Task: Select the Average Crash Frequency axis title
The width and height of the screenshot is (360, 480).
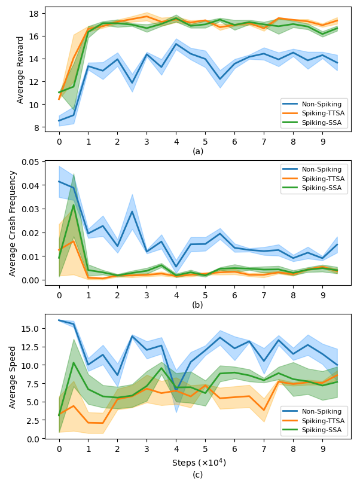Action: [x=13, y=224]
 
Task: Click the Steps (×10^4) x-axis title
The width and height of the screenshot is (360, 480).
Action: [x=198, y=463]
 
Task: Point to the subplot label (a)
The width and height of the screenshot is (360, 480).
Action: [x=198, y=151]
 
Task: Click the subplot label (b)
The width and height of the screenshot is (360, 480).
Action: [x=198, y=305]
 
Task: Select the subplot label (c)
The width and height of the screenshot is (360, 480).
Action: [x=198, y=475]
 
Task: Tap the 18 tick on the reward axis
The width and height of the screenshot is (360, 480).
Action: [x=33, y=14]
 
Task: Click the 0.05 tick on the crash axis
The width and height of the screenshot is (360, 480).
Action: [x=29, y=162]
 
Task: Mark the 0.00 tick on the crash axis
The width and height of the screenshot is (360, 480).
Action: [x=29, y=280]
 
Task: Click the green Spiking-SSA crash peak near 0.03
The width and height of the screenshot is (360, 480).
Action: [x=74, y=205]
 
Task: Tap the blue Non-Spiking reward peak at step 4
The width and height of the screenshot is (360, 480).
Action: [x=176, y=44]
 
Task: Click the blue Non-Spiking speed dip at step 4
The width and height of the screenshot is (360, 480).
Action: [x=176, y=390]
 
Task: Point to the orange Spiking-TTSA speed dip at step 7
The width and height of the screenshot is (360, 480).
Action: [x=264, y=410]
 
